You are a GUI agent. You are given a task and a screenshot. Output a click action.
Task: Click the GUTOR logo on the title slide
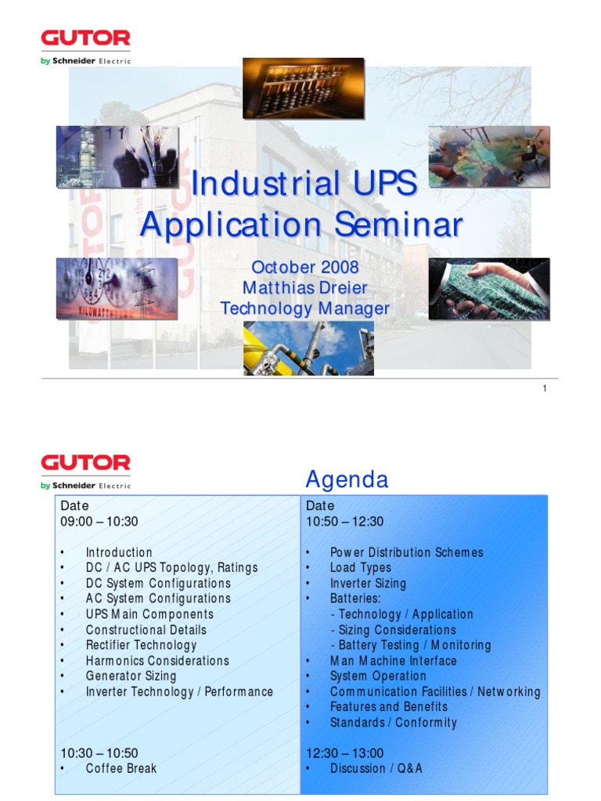85,39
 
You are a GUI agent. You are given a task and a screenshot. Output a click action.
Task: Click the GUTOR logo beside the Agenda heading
85,463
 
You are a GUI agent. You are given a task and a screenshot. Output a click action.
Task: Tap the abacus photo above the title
303,88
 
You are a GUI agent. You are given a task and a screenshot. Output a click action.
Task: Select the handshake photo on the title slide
488,289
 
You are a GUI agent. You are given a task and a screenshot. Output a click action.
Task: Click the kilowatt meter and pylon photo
117,289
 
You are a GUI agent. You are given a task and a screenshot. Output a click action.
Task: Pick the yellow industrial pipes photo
308,348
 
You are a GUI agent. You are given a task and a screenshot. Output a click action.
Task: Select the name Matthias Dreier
304,288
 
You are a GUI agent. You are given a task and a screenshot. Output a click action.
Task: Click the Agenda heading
347,480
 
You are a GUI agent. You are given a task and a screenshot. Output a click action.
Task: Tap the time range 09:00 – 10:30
99,522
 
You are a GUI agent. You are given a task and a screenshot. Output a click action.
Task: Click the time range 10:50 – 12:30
344,522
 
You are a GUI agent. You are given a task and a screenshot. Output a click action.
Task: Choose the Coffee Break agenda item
121,769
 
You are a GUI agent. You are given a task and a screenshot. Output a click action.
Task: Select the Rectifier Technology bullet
141,645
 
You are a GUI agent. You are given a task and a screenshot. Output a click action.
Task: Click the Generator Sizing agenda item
131,676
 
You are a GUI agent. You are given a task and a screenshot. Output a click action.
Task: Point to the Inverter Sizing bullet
368,584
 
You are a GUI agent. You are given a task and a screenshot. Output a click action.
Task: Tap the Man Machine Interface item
393,661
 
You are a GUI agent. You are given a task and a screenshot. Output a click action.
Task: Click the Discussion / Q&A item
376,769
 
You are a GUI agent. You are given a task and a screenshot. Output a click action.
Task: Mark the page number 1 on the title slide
544,389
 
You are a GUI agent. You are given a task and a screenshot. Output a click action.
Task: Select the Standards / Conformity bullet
393,723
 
